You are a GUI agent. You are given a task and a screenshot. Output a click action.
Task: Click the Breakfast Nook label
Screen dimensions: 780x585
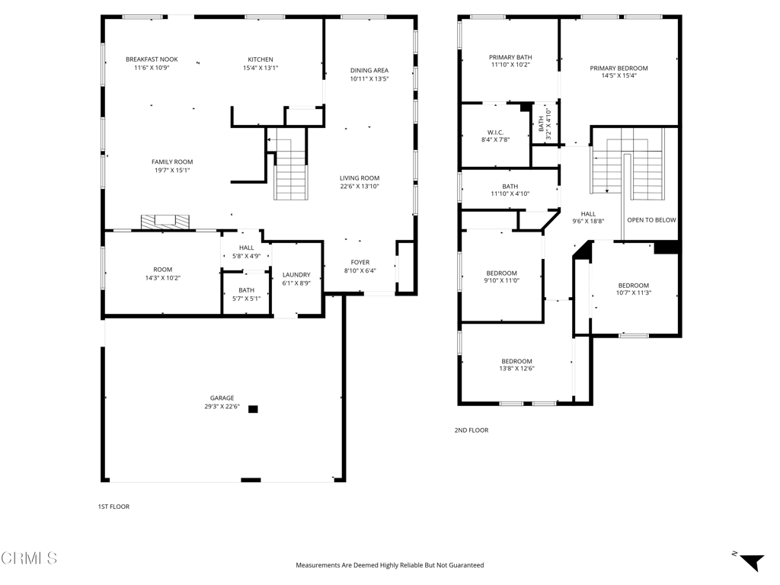tap(152, 59)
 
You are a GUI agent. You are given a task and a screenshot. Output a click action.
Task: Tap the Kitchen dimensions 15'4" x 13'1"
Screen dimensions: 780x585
tap(261, 68)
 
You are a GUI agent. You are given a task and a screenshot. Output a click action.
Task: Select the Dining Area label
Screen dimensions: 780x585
tap(369, 70)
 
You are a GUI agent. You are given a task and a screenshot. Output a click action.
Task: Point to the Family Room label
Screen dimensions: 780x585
tap(172, 161)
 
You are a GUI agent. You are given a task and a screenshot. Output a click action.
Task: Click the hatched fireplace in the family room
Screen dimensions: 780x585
tap(165, 222)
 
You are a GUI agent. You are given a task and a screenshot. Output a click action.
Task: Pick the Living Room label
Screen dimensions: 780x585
tap(360, 177)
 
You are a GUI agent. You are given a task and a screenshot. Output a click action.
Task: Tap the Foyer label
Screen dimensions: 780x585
tap(360, 262)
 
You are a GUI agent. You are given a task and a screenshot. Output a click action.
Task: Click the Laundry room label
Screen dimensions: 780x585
tap(296, 274)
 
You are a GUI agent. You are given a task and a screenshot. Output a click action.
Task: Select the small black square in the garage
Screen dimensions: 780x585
tap(253, 409)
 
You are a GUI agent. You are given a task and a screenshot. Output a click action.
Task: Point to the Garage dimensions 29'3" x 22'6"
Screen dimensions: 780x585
tap(222, 406)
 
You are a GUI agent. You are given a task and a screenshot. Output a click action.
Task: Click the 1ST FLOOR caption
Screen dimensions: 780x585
tap(113, 507)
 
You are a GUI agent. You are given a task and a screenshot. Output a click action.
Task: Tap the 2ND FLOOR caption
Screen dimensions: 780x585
tap(471, 430)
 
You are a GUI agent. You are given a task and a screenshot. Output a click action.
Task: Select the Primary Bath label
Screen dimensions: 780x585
tap(510, 57)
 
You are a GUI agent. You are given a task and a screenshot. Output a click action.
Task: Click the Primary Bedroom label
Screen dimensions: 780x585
tap(619, 68)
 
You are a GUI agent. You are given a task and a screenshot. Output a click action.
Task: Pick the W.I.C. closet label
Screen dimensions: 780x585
tap(495, 133)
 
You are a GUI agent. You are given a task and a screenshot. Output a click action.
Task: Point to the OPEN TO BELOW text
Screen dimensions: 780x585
tap(652, 220)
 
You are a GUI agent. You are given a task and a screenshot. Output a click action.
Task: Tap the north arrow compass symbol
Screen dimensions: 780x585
tap(751, 562)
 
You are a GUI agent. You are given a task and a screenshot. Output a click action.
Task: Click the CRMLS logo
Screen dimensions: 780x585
tap(29, 558)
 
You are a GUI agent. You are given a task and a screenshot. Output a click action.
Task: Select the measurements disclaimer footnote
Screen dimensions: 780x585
tap(390, 565)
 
